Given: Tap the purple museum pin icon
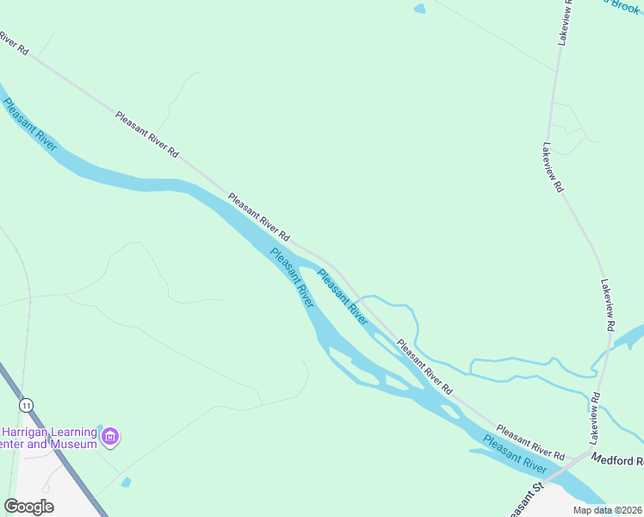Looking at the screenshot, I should click(x=110, y=438).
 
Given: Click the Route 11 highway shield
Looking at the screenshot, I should click(x=28, y=404).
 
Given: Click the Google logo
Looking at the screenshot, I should click(x=28, y=507).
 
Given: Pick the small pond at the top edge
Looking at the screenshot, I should click(x=419, y=9).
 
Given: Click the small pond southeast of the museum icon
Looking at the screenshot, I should click(x=127, y=482).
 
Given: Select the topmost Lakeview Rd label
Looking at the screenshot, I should click(x=565, y=22).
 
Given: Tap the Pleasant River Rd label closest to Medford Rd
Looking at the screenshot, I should click(x=529, y=442).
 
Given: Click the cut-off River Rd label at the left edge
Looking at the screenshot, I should click(x=14, y=45).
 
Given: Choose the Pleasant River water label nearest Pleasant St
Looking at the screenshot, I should click(x=514, y=454).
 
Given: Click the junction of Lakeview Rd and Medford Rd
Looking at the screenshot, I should click(x=591, y=451).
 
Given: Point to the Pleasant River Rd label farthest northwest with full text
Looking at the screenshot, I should click(x=146, y=134).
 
